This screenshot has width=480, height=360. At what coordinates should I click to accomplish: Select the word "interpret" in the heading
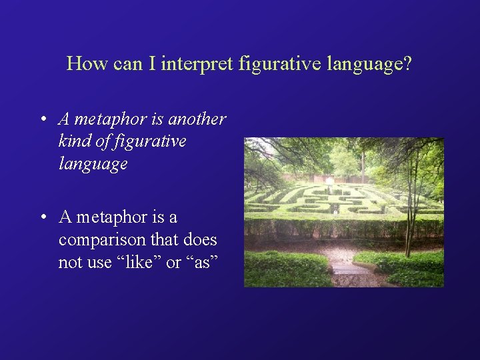(193, 64)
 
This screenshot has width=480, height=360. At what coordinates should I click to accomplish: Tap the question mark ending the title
(408, 64)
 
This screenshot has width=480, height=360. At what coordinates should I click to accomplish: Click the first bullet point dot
(42, 120)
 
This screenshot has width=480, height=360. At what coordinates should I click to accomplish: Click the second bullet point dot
(42, 218)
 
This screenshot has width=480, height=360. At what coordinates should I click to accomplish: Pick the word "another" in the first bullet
(197, 119)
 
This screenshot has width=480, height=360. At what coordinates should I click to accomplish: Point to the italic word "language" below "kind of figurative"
(93, 164)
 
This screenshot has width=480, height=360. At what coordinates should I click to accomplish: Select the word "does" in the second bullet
(200, 240)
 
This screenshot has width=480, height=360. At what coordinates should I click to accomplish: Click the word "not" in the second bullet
(69, 263)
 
